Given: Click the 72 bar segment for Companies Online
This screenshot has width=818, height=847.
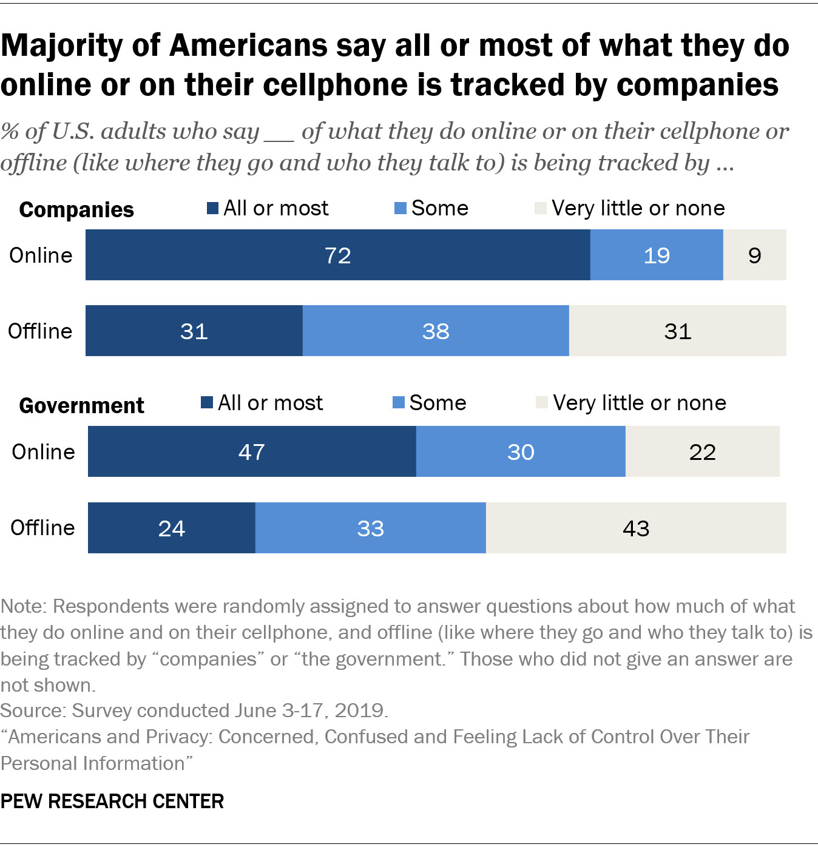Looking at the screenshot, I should [337, 255].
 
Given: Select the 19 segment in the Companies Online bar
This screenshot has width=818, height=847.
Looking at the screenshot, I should [656, 255].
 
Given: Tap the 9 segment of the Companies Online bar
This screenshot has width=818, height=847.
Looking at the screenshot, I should [754, 255].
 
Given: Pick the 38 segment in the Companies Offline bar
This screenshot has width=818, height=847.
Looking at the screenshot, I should [436, 331].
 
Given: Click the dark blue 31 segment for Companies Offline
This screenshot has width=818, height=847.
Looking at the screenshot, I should [194, 331].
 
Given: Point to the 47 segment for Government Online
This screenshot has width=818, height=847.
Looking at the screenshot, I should [252, 451].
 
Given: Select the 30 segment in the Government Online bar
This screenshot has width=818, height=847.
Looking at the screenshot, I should [521, 451].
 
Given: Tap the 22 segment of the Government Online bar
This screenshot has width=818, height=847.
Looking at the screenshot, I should [702, 451].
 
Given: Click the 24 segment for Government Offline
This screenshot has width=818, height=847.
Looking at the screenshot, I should [172, 528].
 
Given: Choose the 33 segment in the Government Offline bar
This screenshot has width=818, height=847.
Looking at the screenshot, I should [370, 528].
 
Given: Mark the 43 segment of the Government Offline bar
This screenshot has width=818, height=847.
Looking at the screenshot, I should [636, 528].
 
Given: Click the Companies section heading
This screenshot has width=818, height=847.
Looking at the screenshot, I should [76, 209].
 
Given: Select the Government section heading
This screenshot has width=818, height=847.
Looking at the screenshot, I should [81, 405].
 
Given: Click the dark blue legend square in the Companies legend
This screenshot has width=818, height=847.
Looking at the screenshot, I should [212, 209].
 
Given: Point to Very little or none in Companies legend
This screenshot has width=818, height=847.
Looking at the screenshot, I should [637, 208].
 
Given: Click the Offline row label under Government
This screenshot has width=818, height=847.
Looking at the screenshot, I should [42, 528].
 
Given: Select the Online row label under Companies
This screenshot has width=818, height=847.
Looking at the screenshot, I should [41, 255].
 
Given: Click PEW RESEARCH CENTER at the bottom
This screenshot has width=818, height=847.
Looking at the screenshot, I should [112, 801].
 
